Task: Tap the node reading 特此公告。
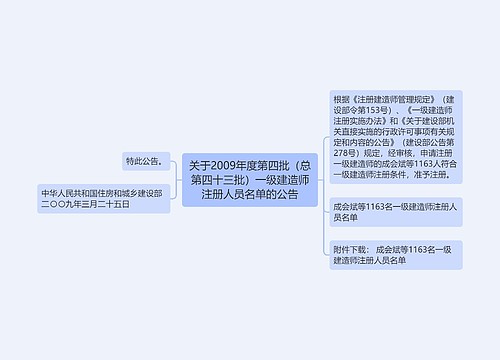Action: click(x=144, y=160)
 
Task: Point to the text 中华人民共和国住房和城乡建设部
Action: click(x=100, y=192)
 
